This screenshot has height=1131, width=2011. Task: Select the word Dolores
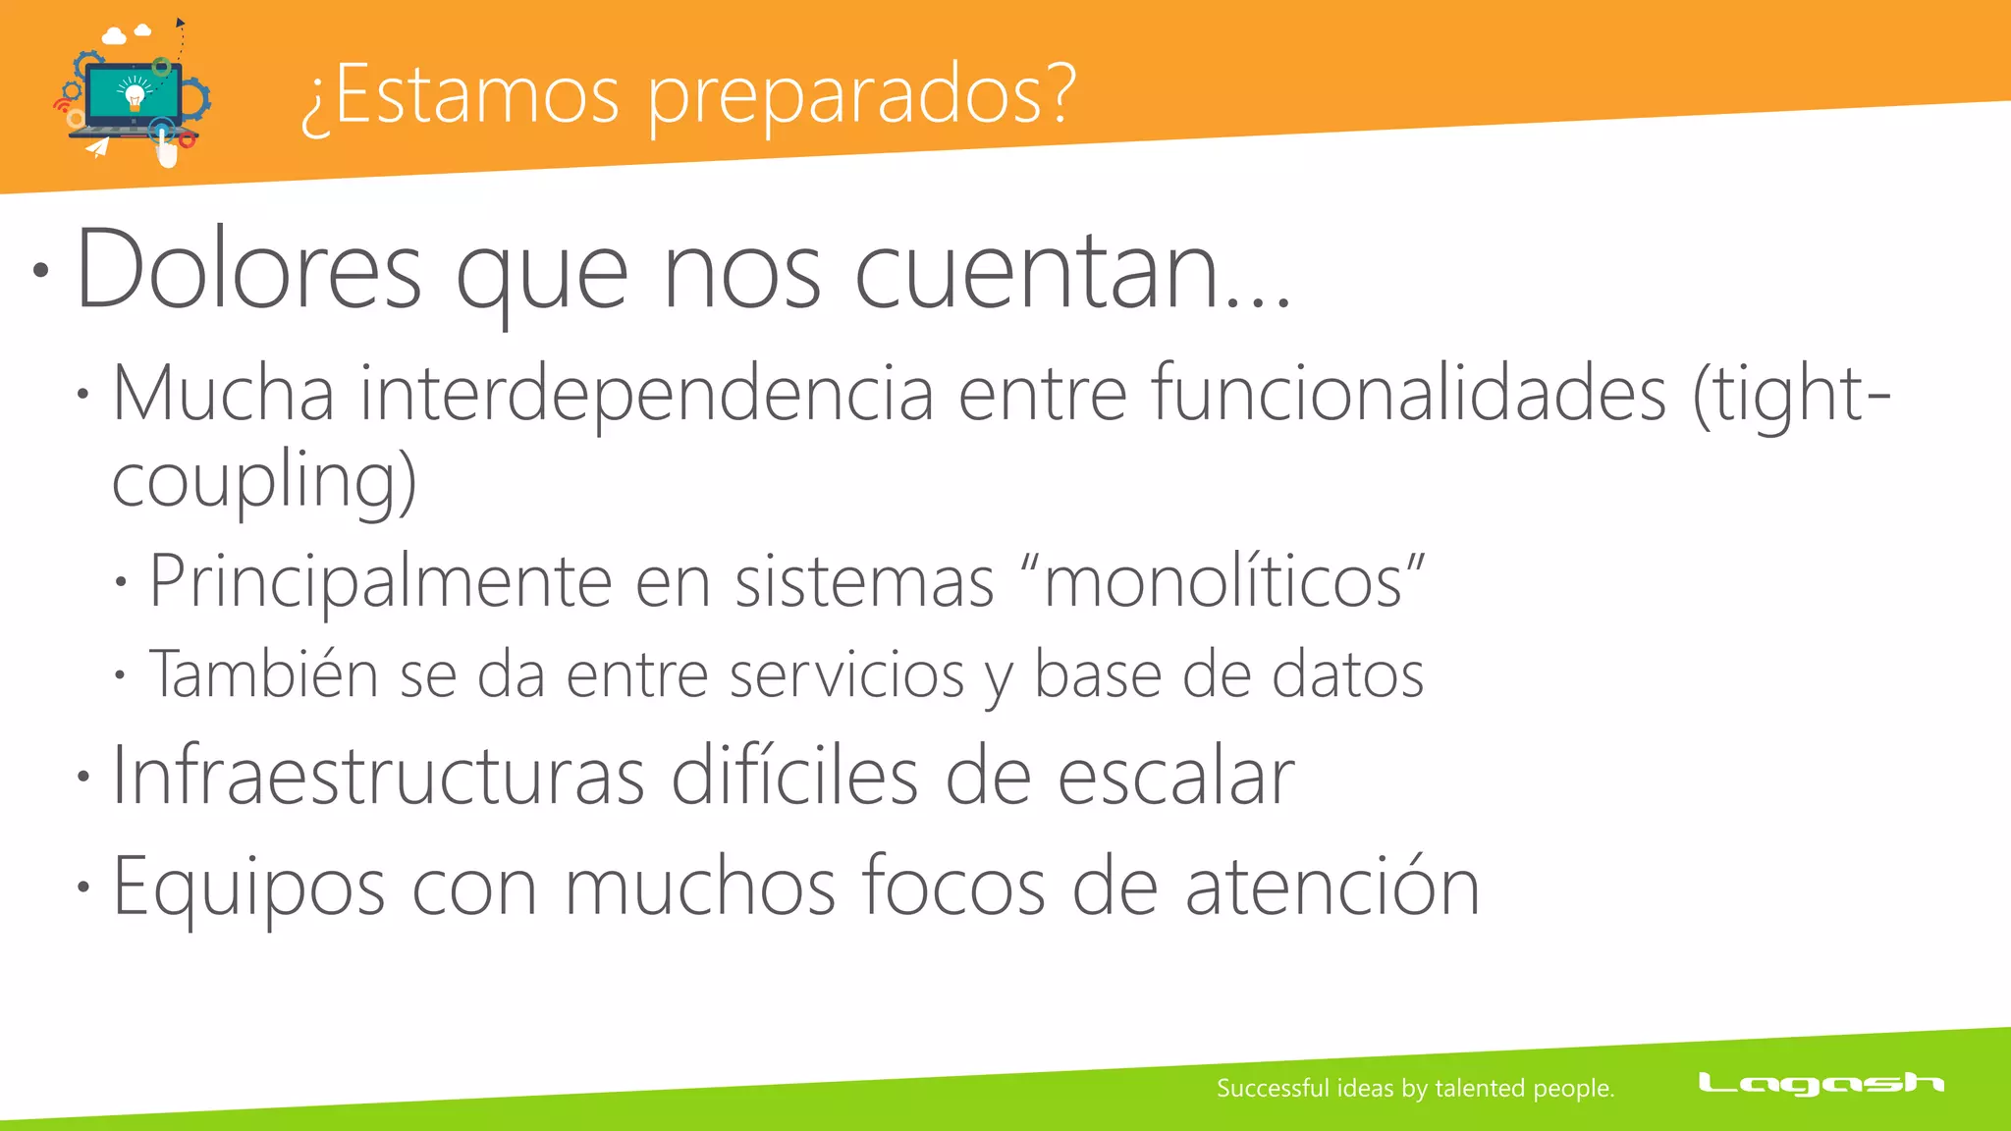tap(248, 270)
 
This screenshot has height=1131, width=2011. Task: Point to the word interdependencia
tap(646, 394)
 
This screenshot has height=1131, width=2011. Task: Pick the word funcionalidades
tap(1409, 394)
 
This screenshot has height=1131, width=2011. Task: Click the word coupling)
tap(264, 480)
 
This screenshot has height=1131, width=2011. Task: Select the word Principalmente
tap(380, 582)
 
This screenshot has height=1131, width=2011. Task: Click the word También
tap(263, 674)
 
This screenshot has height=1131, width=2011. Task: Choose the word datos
tap(1347, 674)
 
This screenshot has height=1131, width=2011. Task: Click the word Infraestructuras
tap(378, 777)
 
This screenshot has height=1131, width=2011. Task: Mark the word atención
tap(1332, 888)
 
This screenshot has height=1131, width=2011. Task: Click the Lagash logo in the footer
tap(1821, 1084)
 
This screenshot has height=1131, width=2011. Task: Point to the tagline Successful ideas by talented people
tap(1415, 1088)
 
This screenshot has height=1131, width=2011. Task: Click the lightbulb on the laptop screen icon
tap(135, 95)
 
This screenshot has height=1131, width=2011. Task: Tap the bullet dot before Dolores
tap(39, 271)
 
